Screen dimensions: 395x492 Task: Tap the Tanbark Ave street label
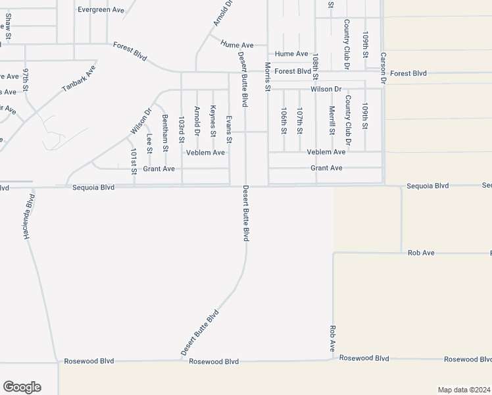click(x=80, y=78)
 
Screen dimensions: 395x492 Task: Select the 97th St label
click(x=26, y=79)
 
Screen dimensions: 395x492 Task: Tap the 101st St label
click(x=134, y=161)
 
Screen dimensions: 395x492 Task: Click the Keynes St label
click(x=213, y=121)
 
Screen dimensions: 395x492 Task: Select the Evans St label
click(x=229, y=130)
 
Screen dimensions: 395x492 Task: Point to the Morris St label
click(x=268, y=77)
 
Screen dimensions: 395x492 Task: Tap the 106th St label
click(x=283, y=121)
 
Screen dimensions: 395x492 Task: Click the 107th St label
click(x=299, y=121)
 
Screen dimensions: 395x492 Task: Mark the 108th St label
click(x=316, y=66)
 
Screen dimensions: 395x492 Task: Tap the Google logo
click(x=22, y=387)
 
